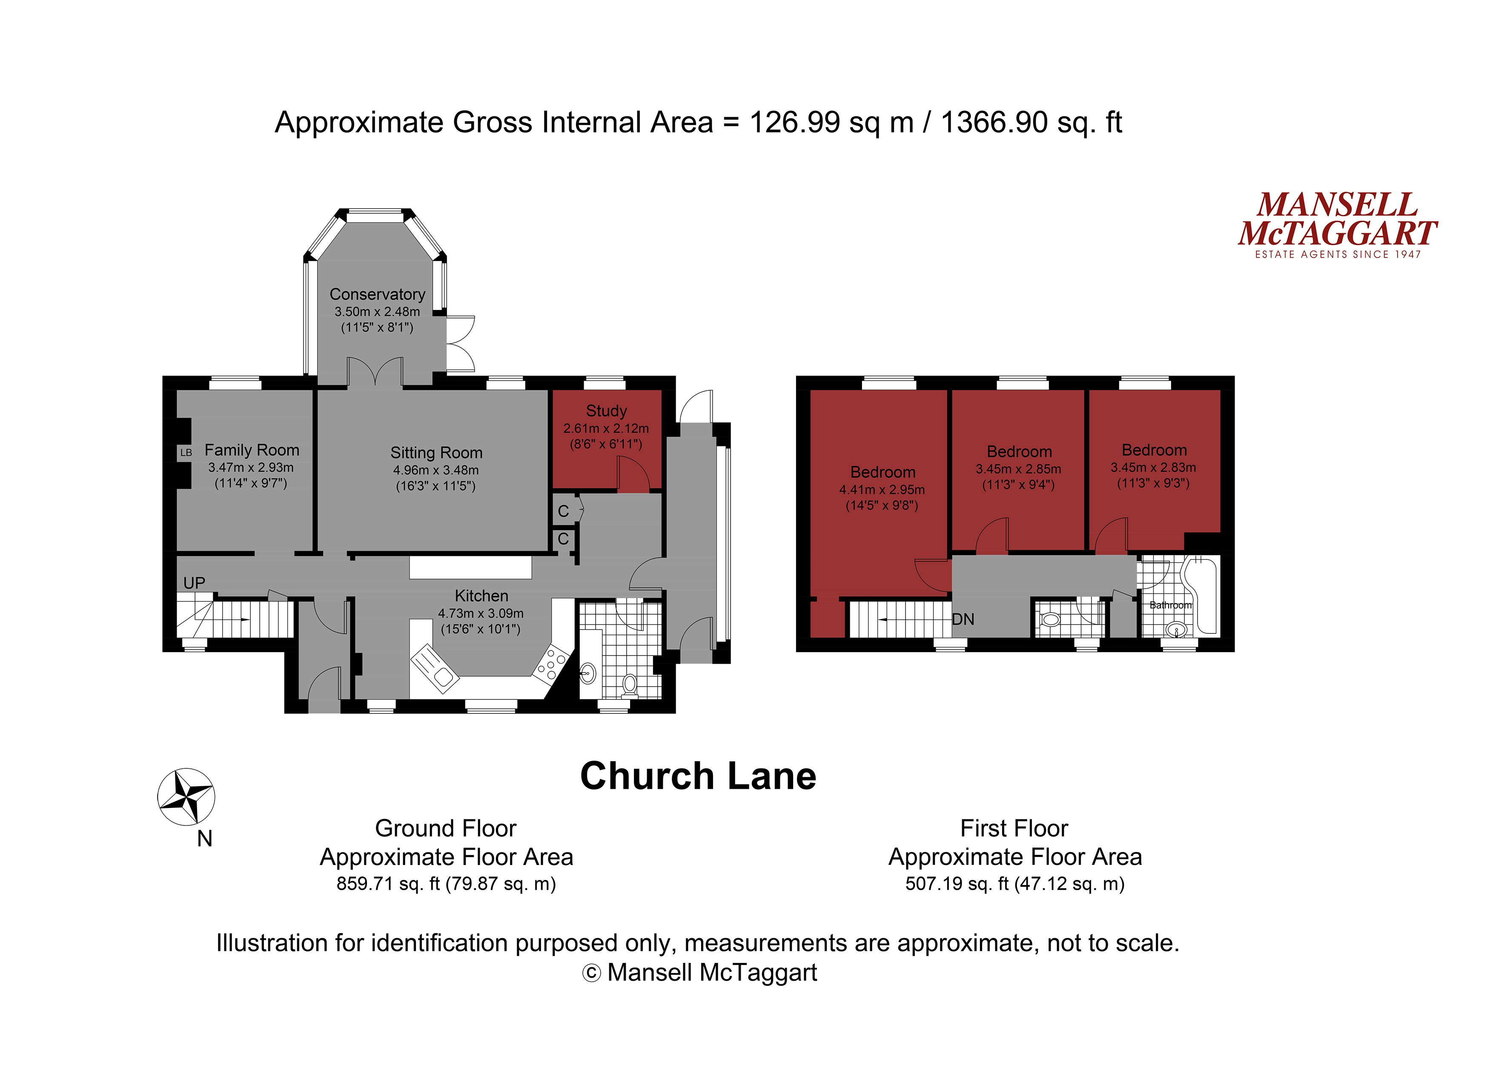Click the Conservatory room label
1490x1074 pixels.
click(377, 294)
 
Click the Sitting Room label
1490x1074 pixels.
click(436, 453)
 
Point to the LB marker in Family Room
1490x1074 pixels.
click(186, 453)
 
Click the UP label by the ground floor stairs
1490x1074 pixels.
click(195, 583)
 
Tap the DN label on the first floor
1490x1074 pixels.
click(963, 619)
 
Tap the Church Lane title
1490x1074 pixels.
click(698, 776)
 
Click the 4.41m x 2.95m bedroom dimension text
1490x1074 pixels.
click(882, 490)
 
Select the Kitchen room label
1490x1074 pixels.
click(481, 596)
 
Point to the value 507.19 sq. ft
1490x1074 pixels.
click(957, 883)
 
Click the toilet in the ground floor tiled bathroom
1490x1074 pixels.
click(629, 684)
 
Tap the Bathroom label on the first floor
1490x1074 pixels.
click(1170, 605)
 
